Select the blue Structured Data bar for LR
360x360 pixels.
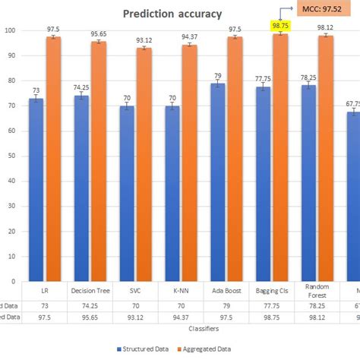[36, 190]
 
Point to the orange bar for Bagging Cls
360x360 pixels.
[281, 156]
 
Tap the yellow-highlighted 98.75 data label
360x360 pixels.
[281, 25]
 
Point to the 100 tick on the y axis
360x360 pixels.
[8, 30]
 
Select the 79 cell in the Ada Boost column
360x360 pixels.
[225, 306]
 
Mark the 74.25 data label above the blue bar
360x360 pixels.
[82, 88]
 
